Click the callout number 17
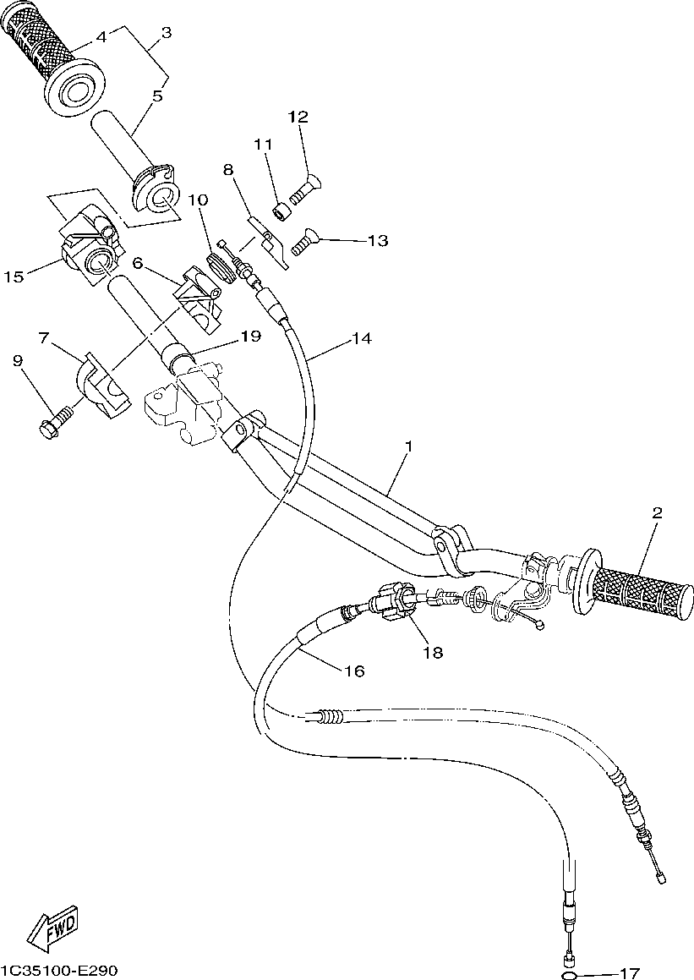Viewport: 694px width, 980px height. pos(628,972)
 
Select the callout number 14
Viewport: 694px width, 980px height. pos(361,339)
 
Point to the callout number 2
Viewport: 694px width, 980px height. pos(657,512)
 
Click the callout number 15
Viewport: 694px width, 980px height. pos(13,276)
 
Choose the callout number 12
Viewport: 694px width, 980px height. pos(298,116)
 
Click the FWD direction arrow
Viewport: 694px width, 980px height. pos(53,928)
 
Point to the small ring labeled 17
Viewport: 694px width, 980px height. pos(571,974)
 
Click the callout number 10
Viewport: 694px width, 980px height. pos(198,200)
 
